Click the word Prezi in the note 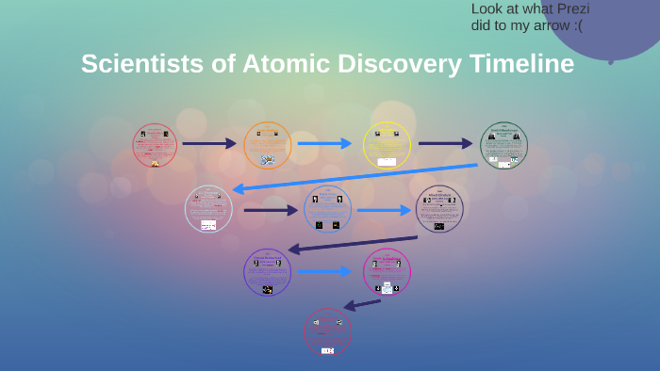click(x=568, y=9)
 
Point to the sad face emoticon click(x=575, y=25)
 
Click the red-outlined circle click(x=155, y=145)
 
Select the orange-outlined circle click(x=267, y=145)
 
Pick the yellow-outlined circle click(x=387, y=145)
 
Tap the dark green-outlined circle click(x=503, y=145)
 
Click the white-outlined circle click(x=208, y=208)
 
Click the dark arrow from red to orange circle click(x=209, y=144)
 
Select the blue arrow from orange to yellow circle click(x=324, y=144)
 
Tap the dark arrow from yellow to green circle click(x=445, y=144)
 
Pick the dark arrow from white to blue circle click(x=271, y=210)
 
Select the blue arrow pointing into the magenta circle click(x=324, y=272)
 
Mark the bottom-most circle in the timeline click(x=327, y=332)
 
